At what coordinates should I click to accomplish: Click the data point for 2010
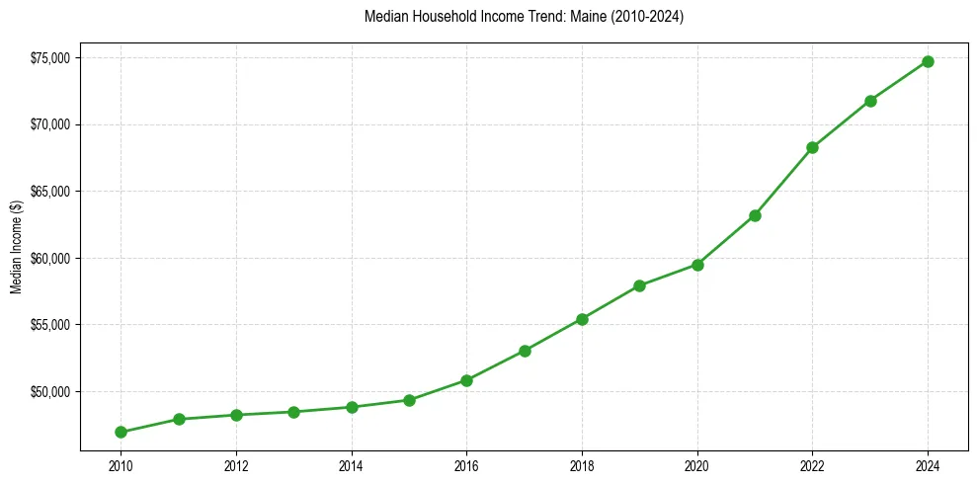click(121, 432)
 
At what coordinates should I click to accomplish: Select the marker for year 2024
click(928, 61)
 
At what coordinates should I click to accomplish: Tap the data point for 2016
click(466, 380)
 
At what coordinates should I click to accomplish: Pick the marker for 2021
click(755, 215)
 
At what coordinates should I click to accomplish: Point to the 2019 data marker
click(639, 285)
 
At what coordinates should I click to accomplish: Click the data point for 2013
click(293, 412)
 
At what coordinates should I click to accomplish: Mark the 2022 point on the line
click(812, 147)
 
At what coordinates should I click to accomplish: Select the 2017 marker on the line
click(525, 351)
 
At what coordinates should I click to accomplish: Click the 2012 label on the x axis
click(235, 466)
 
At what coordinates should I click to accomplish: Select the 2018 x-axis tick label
click(582, 466)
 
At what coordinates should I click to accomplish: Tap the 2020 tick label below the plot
click(697, 466)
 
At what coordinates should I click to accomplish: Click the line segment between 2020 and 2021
click(726, 240)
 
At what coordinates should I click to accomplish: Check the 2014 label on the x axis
click(351, 466)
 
